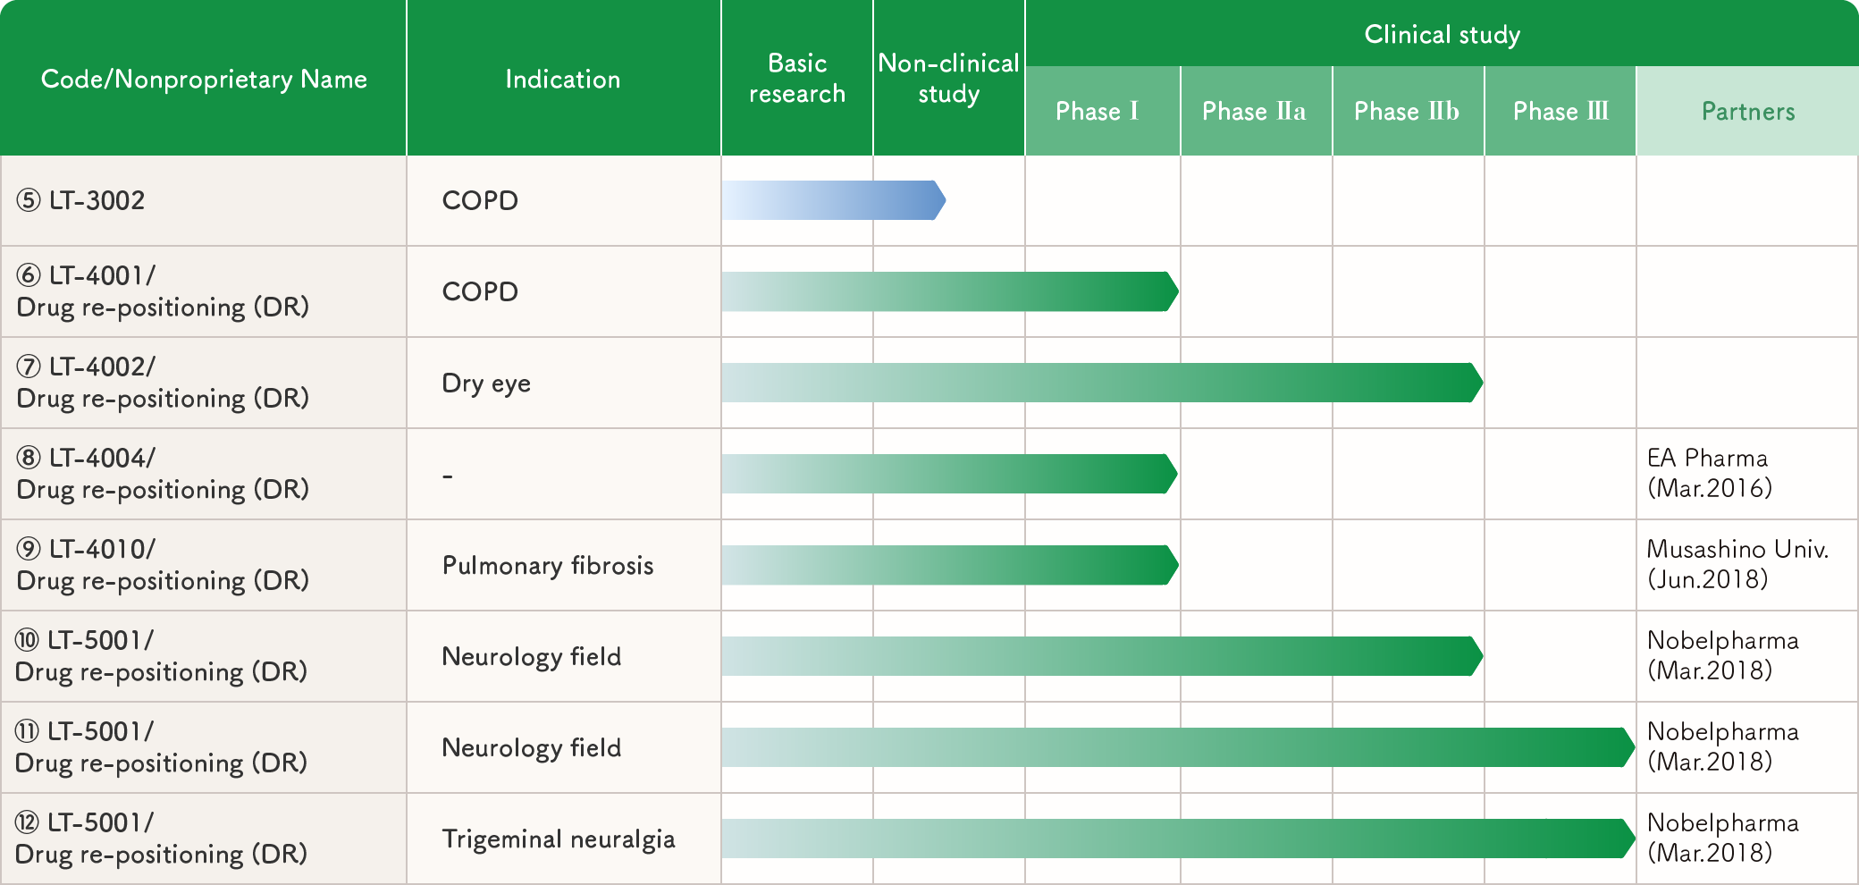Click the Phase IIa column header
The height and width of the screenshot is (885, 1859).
(x=1254, y=111)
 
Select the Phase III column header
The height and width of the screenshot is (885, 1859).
(x=1560, y=111)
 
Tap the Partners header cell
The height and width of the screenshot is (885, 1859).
(x=1748, y=111)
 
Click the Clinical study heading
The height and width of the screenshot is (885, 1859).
(x=1442, y=34)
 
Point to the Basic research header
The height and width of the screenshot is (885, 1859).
(x=797, y=79)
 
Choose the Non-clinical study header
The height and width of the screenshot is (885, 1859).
(x=948, y=79)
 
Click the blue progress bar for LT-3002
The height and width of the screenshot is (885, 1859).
(x=834, y=200)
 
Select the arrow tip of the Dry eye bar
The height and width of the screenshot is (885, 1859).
(x=1483, y=383)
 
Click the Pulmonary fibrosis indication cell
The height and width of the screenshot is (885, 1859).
(x=548, y=565)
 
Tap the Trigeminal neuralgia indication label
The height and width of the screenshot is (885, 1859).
(x=559, y=839)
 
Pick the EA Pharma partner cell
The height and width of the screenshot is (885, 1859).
(x=1709, y=473)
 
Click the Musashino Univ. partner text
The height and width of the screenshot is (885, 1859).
(x=1737, y=564)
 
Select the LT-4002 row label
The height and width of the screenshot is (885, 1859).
(x=163, y=382)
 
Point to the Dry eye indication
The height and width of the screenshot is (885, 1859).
(x=486, y=383)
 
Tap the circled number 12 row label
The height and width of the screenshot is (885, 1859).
(x=161, y=838)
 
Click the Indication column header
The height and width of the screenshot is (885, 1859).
(x=563, y=79)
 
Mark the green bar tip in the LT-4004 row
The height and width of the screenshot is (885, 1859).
(x=1177, y=474)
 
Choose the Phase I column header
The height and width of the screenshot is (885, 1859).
(x=1097, y=111)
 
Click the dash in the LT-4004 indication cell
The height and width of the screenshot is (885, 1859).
(x=448, y=476)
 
